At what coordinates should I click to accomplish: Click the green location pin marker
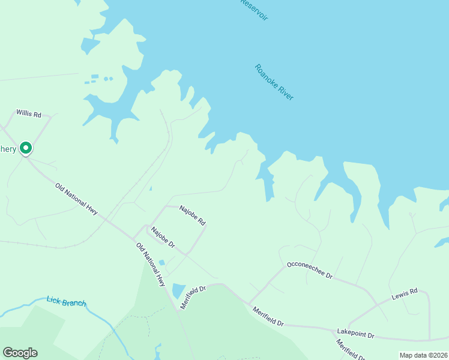click(x=26, y=148)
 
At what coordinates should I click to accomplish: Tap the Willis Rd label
click(x=29, y=113)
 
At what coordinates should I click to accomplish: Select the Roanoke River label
click(x=274, y=82)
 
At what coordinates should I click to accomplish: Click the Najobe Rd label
click(x=193, y=212)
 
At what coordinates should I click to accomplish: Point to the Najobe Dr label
click(x=163, y=238)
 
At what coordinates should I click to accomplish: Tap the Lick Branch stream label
click(x=66, y=302)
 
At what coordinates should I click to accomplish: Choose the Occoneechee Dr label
click(x=310, y=270)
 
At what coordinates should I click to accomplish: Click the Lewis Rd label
click(x=404, y=295)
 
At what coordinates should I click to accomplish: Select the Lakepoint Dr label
click(x=355, y=334)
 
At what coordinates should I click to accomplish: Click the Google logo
click(x=20, y=353)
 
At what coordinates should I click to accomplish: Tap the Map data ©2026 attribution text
click(x=423, y=355)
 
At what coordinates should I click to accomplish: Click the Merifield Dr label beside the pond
click(x=193, y=295)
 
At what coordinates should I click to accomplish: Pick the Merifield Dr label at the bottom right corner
click(x=351, y=350)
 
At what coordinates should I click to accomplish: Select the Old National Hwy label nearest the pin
click(x=76, y=199)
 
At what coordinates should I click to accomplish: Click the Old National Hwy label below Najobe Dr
click(x=150, y=265)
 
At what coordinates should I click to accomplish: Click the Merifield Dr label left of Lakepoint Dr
click(x=268, y=316)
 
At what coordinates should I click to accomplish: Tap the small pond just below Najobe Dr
click(x=161, y=263)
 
